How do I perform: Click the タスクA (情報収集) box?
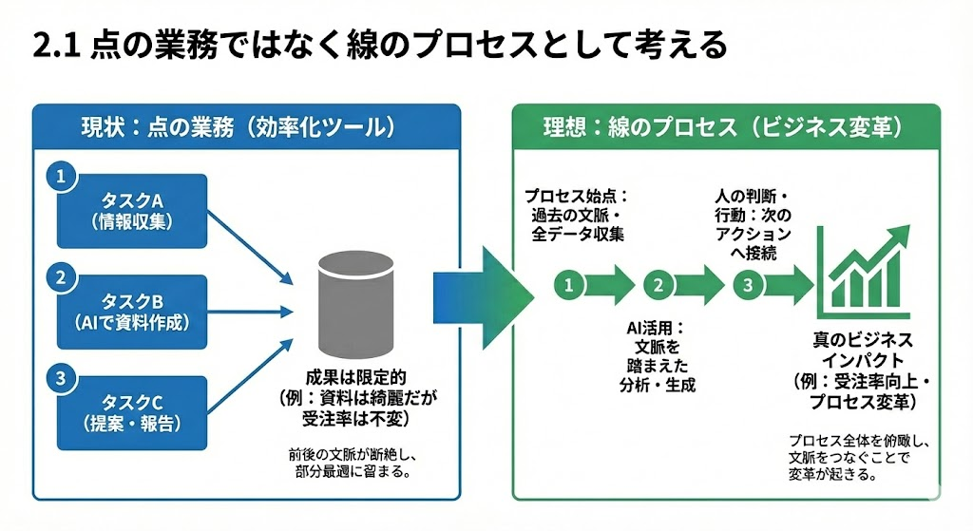(132, 210)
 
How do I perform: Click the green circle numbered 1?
(567, 284)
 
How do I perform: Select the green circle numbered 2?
(658, 284)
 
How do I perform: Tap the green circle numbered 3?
(748, 284)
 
